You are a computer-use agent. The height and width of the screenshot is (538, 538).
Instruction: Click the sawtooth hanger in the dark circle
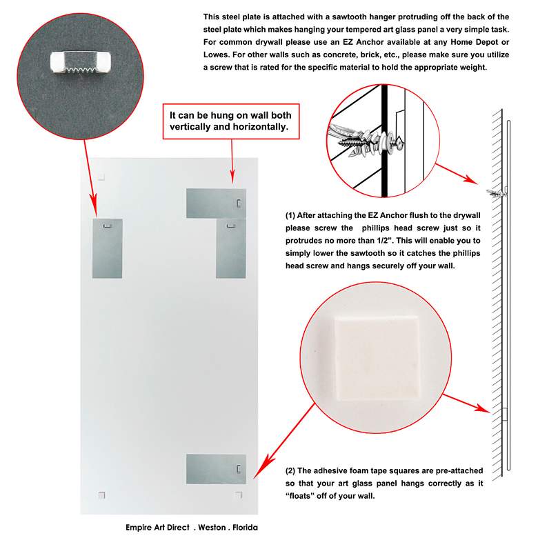pos(81,62)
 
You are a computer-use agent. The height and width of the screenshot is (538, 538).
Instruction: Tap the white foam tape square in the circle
pos(377,358)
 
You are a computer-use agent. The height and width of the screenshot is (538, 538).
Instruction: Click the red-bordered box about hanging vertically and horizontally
pos(231,121)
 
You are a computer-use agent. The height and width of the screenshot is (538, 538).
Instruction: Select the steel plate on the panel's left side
pos(108,248)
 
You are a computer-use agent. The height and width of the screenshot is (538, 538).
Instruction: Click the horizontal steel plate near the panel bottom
pos(216,469)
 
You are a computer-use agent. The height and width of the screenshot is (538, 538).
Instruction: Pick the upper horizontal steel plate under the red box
pos(216,203)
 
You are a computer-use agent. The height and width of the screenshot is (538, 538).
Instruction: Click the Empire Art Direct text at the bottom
pos(157,528)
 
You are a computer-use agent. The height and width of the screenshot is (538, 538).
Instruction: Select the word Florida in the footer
pos(245,528)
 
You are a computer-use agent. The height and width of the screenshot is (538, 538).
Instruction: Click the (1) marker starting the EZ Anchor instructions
pos(290,215)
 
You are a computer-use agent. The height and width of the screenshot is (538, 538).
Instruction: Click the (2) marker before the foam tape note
pos(290,470)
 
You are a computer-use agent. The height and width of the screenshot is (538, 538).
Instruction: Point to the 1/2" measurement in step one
pos(384,240)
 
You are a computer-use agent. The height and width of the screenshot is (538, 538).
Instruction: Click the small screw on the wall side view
pos(497,193)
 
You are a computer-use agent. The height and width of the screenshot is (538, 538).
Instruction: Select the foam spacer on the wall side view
pos(505,414)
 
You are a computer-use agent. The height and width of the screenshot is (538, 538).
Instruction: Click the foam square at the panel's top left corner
pos(101,177)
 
